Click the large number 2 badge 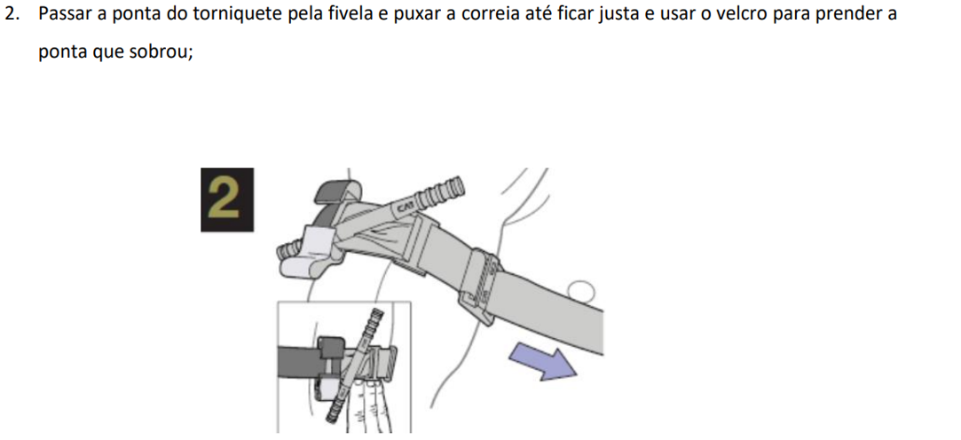click(227, 200)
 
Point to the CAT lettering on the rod click(406, 207)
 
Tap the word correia click(487, 14)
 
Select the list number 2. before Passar click(12, 14)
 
